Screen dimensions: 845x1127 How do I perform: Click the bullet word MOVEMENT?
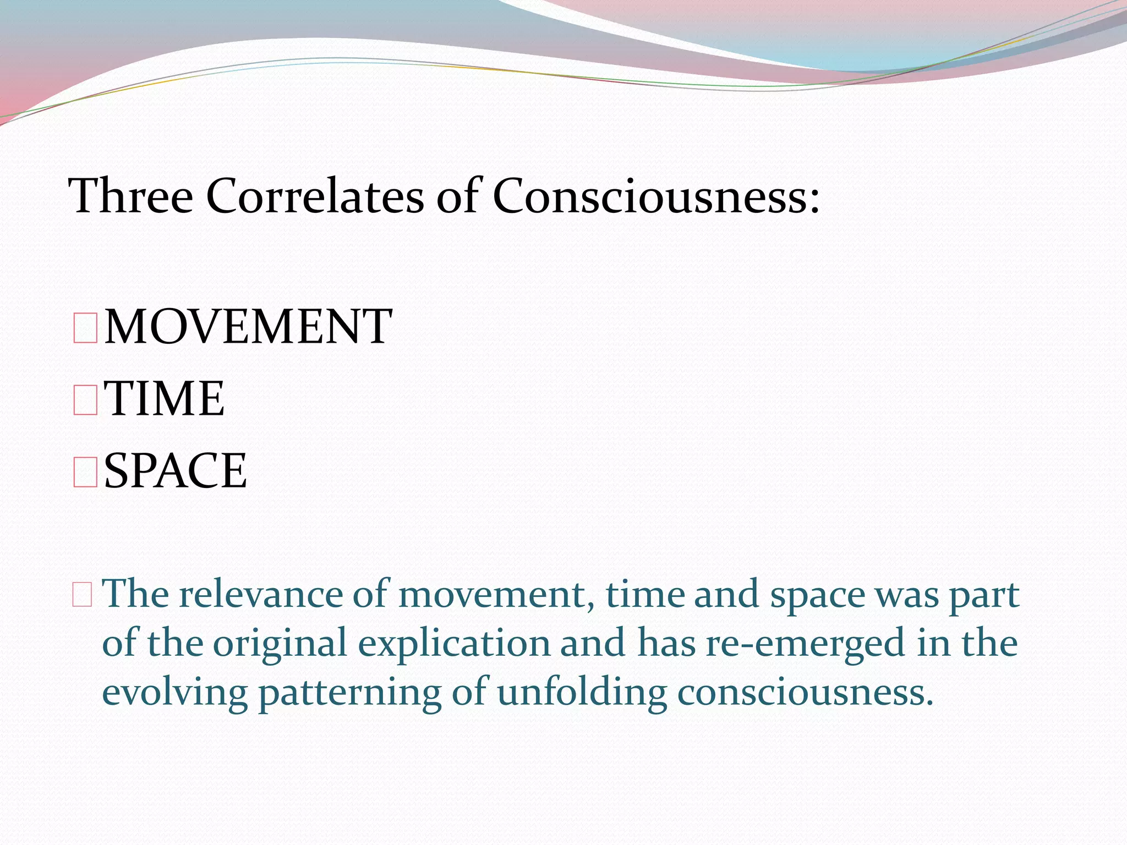click(248, 327)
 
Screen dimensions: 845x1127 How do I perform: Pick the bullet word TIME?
click(165, 398)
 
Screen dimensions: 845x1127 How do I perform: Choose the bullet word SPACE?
click(176, 470)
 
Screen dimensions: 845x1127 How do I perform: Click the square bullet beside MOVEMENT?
click(85, 328)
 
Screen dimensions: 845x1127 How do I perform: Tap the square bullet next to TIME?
click(85, 400)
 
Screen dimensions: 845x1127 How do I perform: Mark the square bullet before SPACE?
click(85, 473)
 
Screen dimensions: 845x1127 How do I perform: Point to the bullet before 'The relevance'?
click(82, 596)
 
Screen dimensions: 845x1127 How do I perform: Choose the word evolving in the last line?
click(175, 692)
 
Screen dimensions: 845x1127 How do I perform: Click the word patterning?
click(350, 692)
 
